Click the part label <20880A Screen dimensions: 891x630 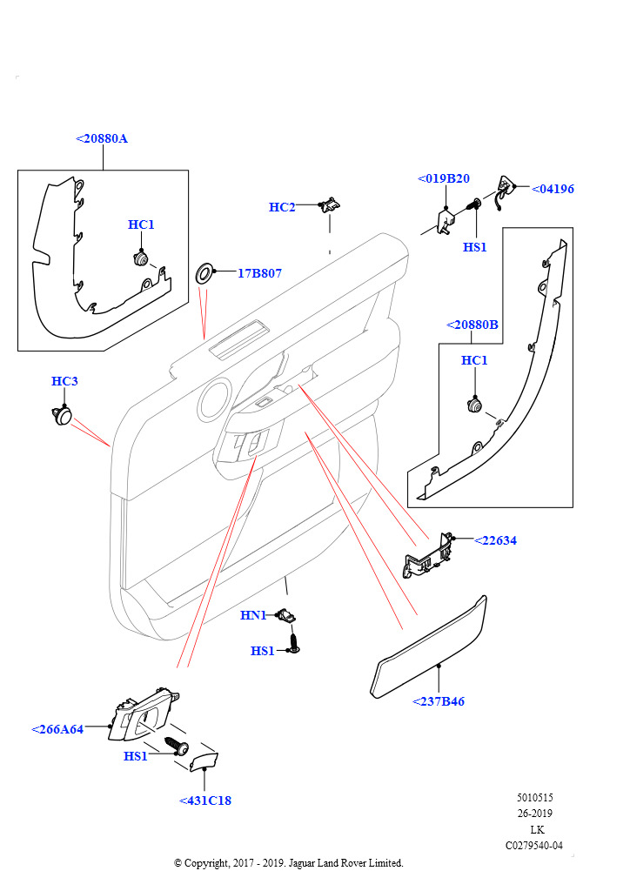coord(102,138)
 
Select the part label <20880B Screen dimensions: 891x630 coord(473,325)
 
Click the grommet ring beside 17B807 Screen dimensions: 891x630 coord(206,273)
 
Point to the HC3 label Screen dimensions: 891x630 coord(64,381)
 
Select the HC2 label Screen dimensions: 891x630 coord(282,207)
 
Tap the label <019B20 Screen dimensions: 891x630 coord(444,178)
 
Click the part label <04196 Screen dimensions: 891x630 coord(553,189)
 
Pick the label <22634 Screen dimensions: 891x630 coord(495,540)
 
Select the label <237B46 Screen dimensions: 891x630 coord(439,701)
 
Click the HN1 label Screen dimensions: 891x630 coord(253,615)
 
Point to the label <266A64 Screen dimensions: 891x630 coord(57,729)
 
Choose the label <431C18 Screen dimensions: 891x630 coord(205,801)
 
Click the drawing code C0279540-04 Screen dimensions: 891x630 coord(534,845)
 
